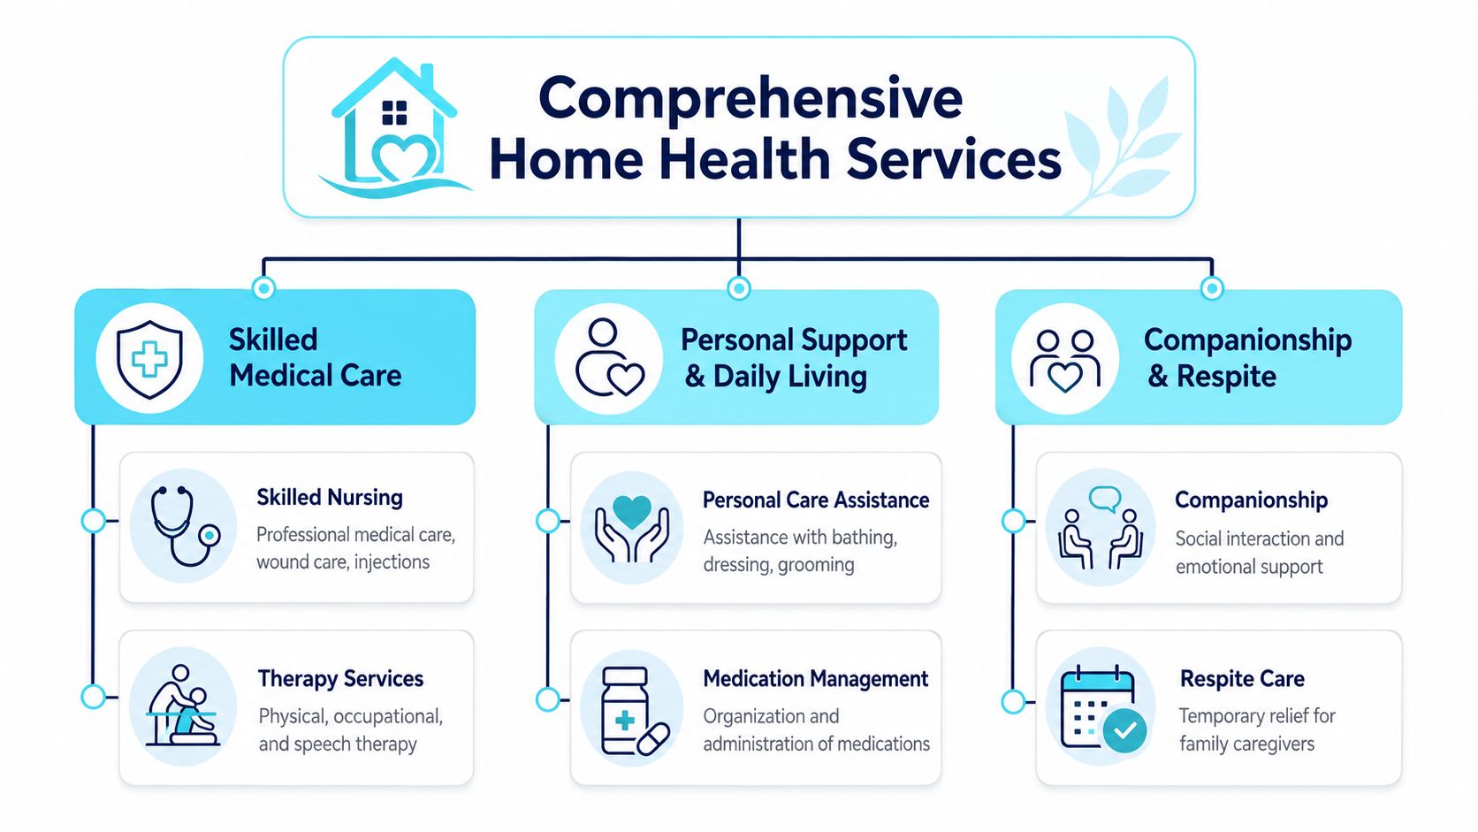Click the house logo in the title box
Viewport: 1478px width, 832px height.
394,129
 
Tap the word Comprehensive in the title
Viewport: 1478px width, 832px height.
750,100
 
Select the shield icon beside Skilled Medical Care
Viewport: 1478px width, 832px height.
149,359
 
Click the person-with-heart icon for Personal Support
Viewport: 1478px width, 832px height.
609,358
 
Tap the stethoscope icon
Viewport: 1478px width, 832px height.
185,526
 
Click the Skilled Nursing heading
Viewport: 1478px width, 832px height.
329,498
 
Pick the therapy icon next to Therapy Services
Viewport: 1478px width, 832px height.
182,706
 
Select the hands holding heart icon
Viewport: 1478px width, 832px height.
632,529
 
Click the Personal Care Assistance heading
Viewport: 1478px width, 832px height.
816,500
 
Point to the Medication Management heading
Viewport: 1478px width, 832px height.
816,678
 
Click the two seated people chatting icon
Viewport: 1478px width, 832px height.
1101,528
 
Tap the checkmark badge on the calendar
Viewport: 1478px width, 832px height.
1125,730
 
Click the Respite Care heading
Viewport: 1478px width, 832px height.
1242,678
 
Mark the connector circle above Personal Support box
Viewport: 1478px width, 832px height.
738,288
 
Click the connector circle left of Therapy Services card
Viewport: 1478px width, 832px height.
93,697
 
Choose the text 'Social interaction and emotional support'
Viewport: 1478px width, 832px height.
1259,553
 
